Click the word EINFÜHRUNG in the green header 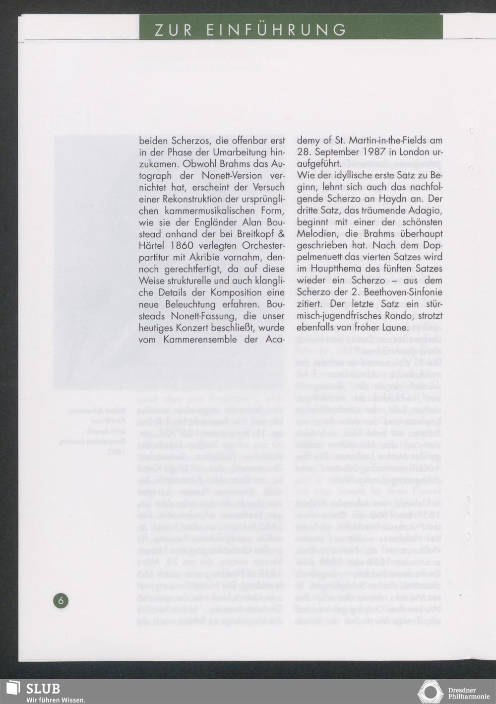[276, 30]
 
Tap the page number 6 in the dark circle [61, 601]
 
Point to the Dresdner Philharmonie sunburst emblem [431, 692]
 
